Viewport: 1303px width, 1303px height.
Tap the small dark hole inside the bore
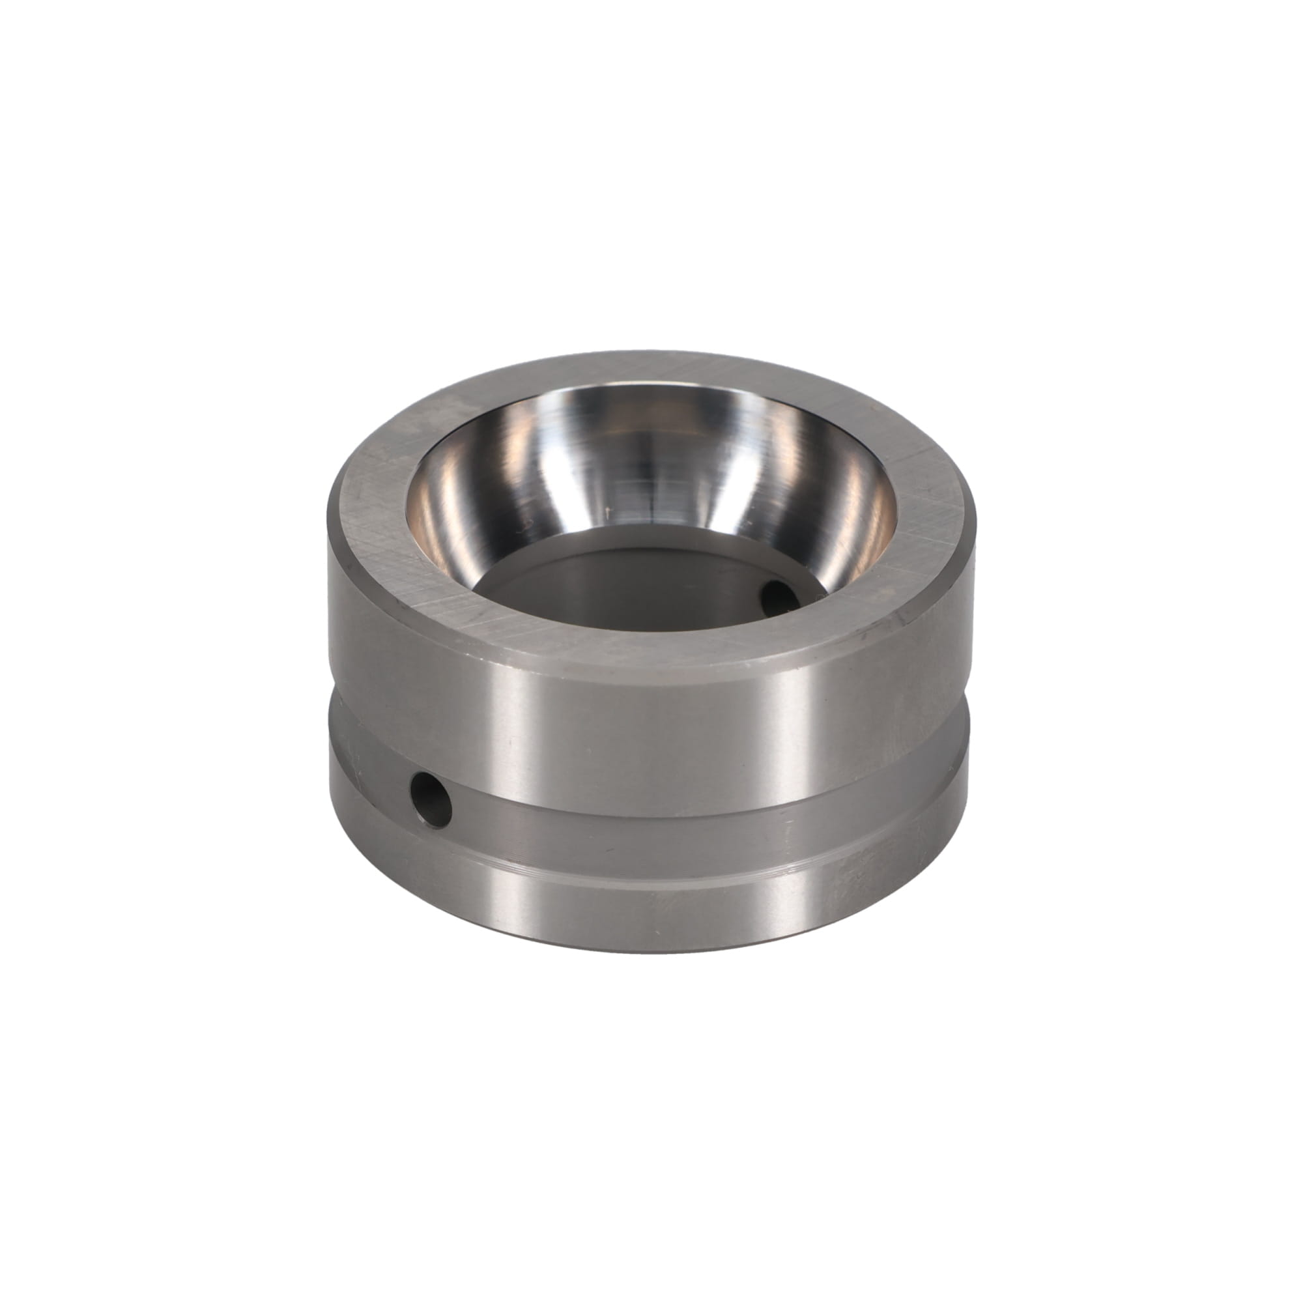775,595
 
